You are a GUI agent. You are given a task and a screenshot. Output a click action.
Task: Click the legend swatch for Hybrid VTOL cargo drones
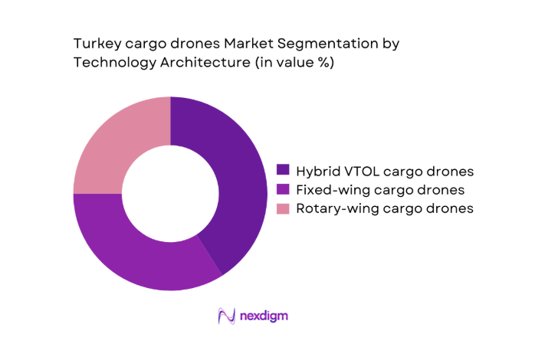pyautogui.click(x=283, y=170)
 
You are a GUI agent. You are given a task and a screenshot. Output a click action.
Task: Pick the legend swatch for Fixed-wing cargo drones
pyautogui.click(x=283, y=189)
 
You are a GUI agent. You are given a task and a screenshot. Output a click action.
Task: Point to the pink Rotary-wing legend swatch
pyautogui.click(x=283, y=208)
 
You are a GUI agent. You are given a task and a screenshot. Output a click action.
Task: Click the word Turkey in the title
pyautogui.click(x=94, y=44)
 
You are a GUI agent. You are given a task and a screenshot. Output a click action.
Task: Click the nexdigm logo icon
pyautogui.click(x=226, y=316)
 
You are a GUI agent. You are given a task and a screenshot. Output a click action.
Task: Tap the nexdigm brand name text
pyautogui.click(x=263, y=316)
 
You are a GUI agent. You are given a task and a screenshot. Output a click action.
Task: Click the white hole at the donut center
pyautogui.click(x=170, y=194)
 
